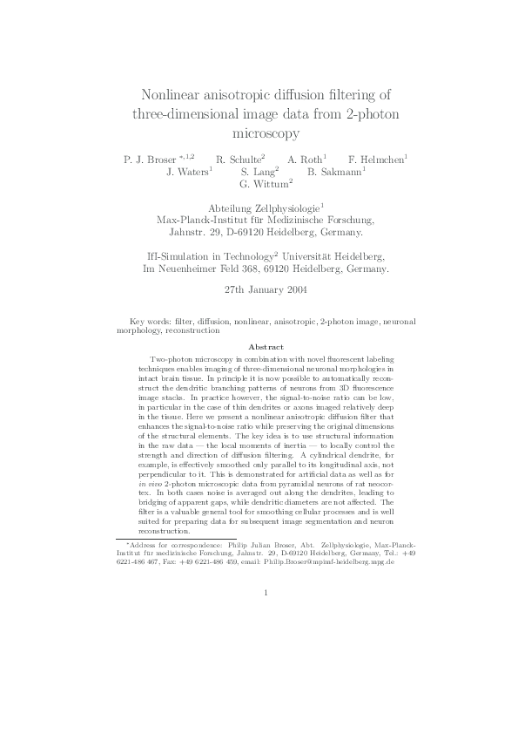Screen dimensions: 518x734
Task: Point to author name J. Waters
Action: (185, 173)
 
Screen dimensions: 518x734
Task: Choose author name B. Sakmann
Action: (334, 173)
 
